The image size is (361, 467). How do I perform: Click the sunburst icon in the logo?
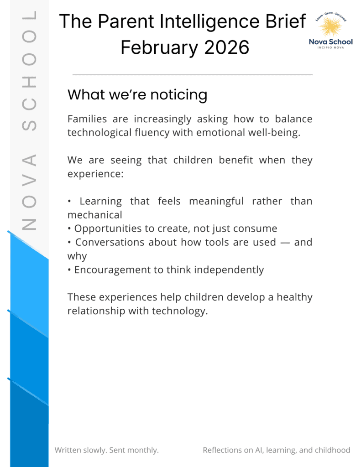330,26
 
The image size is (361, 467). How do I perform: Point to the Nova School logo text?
331,42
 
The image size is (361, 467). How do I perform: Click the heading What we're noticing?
137,95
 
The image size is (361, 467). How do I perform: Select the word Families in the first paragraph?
87,119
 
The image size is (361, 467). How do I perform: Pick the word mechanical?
94,214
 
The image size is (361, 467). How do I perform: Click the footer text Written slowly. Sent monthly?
107,450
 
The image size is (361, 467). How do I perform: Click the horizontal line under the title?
192,74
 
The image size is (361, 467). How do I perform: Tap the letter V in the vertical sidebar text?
29,186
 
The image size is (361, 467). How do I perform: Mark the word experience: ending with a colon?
96,174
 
